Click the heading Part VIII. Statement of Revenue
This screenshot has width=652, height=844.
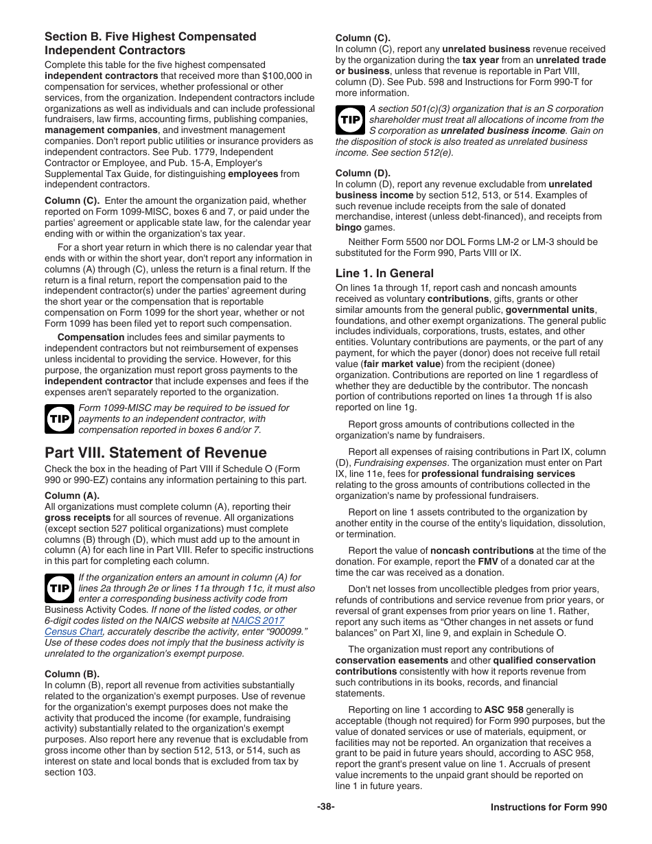[156, 453]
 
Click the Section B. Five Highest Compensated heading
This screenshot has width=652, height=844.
[150, 37]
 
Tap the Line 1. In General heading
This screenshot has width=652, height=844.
[384, 273]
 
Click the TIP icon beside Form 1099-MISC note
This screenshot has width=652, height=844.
[59, 419]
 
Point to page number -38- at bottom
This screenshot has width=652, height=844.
[326, 808]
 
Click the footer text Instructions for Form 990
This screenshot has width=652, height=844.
[548, 808]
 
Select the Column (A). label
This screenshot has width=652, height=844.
[72, 495]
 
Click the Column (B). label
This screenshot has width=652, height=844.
[72, 674]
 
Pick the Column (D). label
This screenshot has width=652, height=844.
[362, 173]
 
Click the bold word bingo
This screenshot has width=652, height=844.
[349, 228]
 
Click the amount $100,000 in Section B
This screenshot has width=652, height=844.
[288, 75]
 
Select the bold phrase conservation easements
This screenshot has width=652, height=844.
[392, 660]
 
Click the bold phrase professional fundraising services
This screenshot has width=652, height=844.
[498, 473]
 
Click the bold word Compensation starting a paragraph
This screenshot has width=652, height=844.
[91, 337]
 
